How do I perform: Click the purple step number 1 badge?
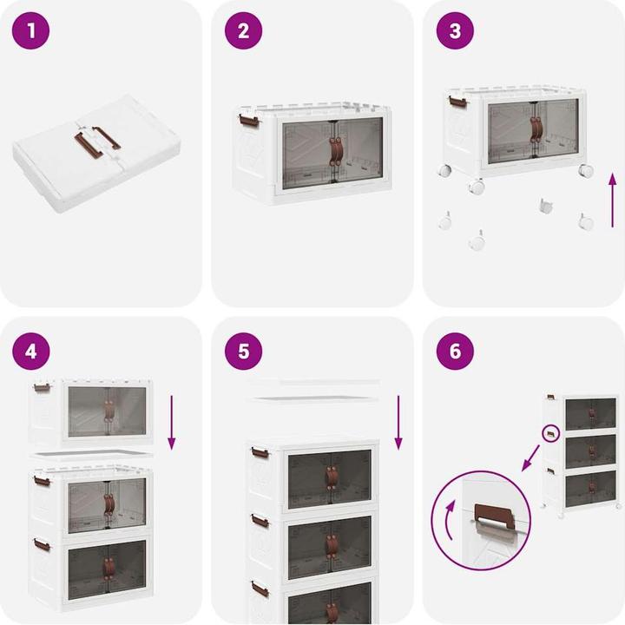coord(32,32)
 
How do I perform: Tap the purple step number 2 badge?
coord(243,32)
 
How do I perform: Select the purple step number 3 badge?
coord(455,32)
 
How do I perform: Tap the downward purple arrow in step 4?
coord(171,420)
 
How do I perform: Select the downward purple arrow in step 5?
coord(398,422)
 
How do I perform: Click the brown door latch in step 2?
coord(334,149)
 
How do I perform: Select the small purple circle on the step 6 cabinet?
coord(550,431)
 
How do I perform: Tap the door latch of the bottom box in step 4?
coord(109,569)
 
